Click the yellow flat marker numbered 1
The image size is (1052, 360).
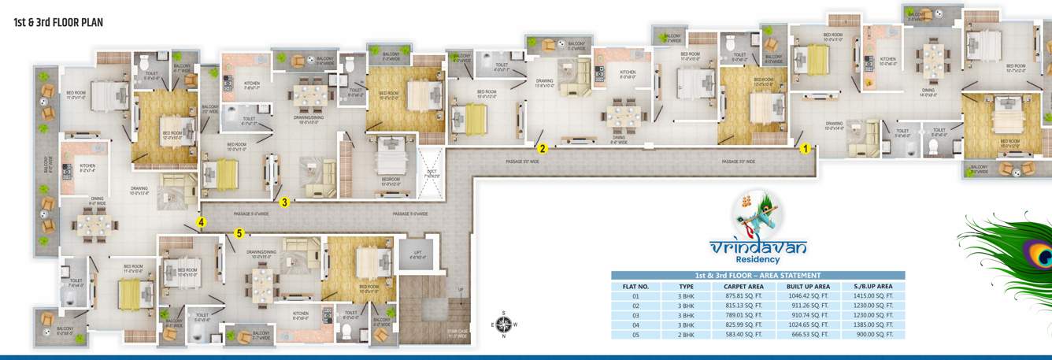(805, 147)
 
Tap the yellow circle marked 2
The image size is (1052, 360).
(542, 147)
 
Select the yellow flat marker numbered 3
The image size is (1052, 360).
(285, 202)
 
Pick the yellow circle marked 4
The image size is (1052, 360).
(202, 223)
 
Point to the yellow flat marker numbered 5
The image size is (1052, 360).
(239, 232)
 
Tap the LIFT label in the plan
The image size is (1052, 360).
(417, 253)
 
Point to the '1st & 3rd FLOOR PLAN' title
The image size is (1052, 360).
(58, 23)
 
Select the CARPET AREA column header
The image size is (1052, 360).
(743, 287)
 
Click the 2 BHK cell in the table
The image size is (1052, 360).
(687, 335)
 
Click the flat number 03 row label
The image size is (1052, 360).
(635, 316)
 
